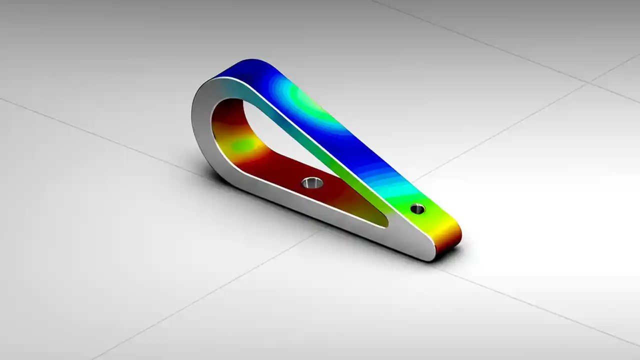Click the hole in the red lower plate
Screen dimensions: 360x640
click(x=312, y=183)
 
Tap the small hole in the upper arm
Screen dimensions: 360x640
click(x=417, y=209)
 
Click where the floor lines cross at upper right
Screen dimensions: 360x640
click(x=590, y=82)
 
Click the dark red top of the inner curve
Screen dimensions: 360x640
click(x=230, y=107)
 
